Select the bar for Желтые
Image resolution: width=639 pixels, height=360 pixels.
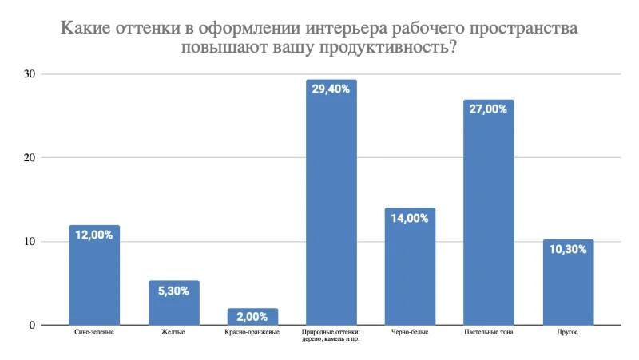point(173,307)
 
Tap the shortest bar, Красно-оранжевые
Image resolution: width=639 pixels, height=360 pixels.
point(252,317)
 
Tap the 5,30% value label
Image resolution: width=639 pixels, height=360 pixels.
point(173,291)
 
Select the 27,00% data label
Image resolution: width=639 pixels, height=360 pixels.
point(488,109)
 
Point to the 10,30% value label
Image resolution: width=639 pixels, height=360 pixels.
point(567,249)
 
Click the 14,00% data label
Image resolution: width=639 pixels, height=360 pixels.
point(410,217)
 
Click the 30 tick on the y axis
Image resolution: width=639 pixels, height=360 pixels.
point(30,74)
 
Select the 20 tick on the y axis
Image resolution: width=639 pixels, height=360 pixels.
point(30,158)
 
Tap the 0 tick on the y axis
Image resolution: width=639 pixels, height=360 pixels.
point(33,325)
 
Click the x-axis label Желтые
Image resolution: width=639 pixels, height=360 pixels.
point(173,331)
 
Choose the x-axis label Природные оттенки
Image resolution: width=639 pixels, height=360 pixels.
point(331,331)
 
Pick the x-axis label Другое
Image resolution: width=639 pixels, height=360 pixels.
point(567,331)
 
